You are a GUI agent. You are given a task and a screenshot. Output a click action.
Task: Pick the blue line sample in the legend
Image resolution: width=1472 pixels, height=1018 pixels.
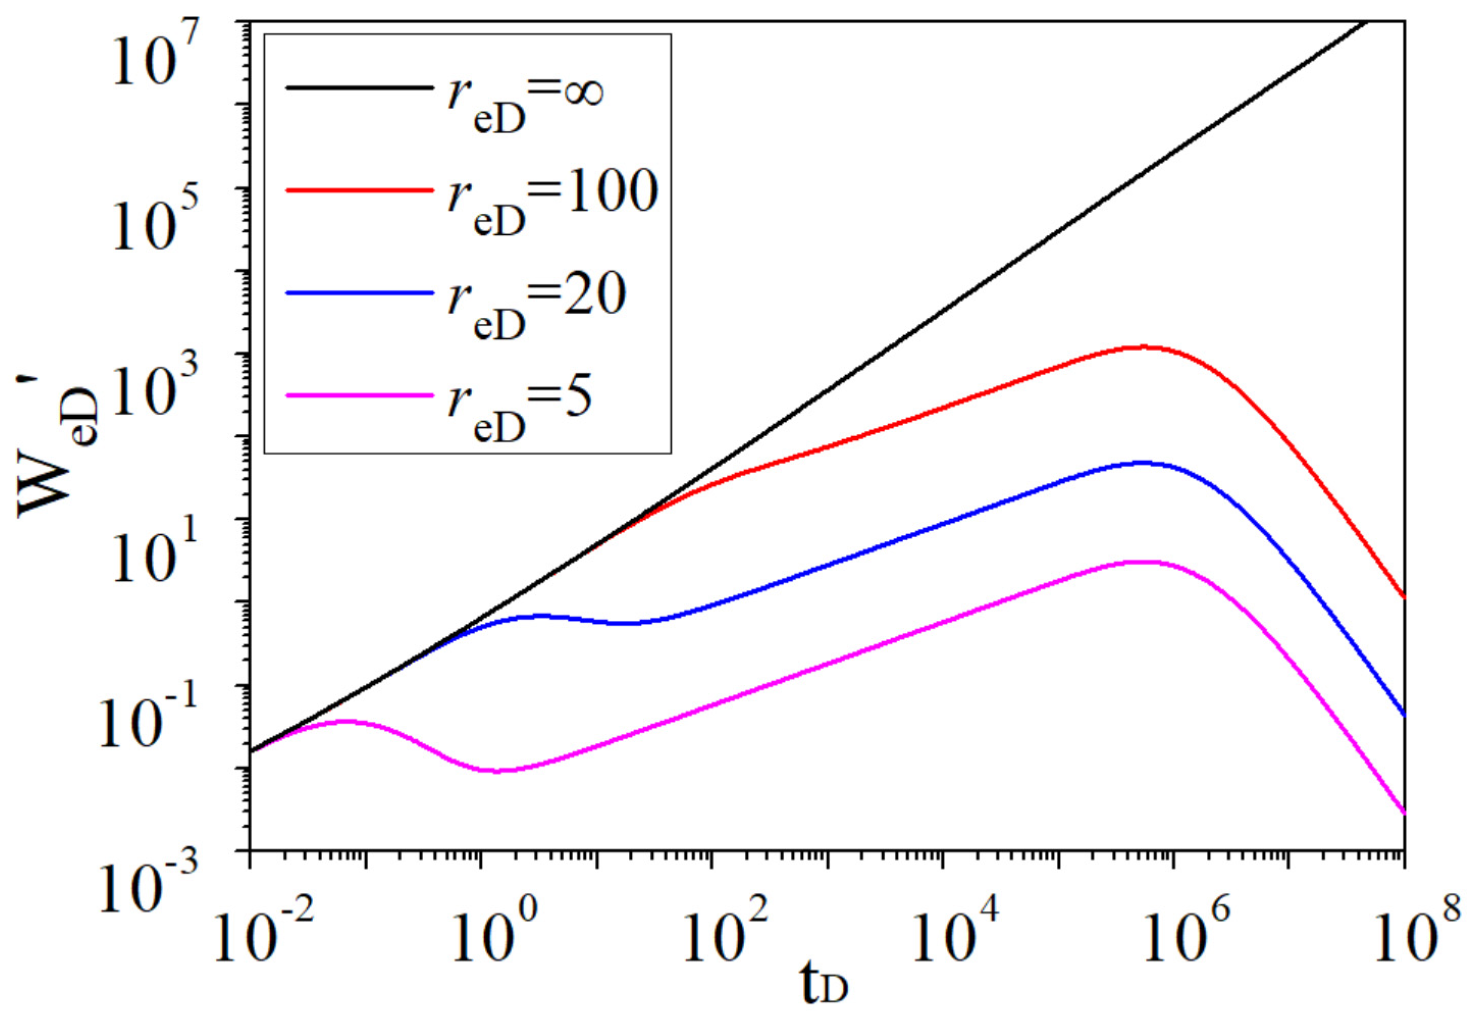[x=357, y=293]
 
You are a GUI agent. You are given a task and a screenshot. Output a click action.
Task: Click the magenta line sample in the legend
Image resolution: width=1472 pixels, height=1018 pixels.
[x=357, y=396]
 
